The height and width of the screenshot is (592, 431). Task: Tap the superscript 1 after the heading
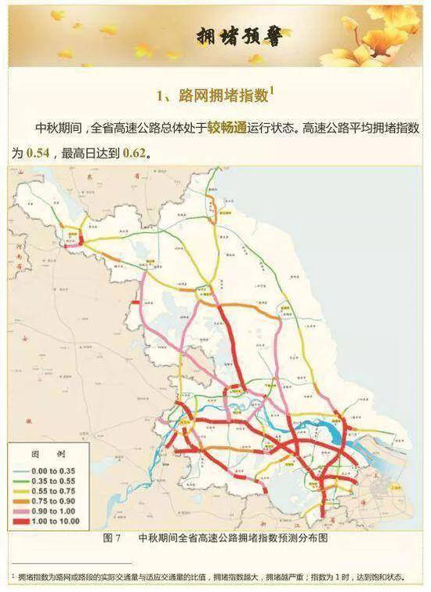(272, 90)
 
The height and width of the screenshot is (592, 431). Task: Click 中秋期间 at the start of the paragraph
(58, 128)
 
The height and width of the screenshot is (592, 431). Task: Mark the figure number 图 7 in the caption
(111, 539)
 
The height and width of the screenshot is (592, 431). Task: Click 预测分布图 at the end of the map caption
(302, 539)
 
